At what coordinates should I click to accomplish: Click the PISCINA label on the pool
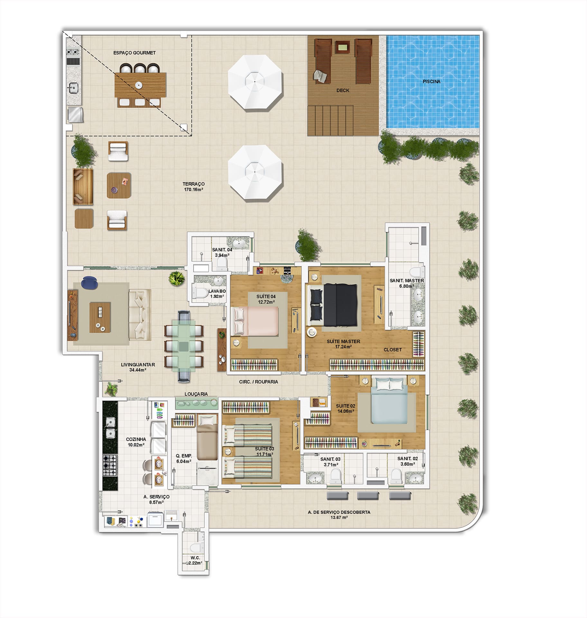click(x=431, y=82)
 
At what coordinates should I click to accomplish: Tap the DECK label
click(x=343, y=90)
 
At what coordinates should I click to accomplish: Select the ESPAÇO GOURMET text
click(x=135, y=53)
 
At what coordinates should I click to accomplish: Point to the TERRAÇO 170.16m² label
click(x=193, y=187)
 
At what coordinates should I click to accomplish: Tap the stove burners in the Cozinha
click(x=109, y=465)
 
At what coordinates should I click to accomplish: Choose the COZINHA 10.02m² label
click(x=136, y=442)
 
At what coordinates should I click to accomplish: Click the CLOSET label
click(x=393, y=350)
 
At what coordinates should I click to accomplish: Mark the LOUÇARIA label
click(x=196, y=394)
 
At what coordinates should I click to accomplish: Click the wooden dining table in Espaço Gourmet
click(x=140, y=85)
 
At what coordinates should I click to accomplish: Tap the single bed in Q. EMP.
click(x=207, y=437)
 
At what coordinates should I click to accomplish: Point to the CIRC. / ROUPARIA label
click(x=258, y=382)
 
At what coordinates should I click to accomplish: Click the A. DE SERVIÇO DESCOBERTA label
click(x=339, y=512)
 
